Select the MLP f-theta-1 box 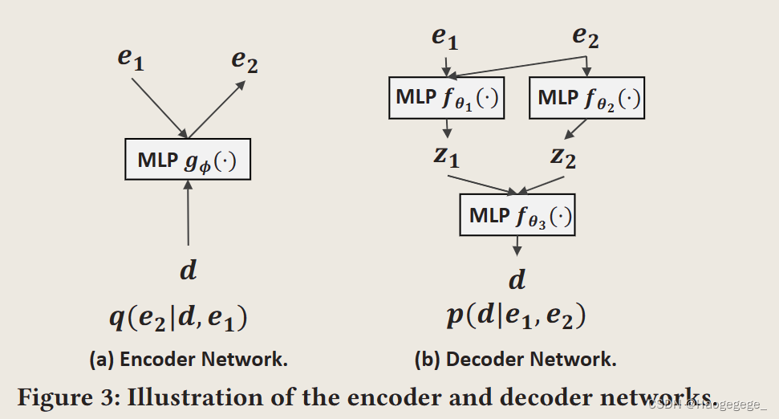point(446,98)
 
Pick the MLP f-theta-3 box point(517,214)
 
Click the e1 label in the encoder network point(130,59)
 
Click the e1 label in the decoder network point(444,37)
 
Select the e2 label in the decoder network point(586,37)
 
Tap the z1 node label point(447,156)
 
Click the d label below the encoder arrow point(188,270)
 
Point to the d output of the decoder point(517,279)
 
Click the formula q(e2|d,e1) point(178,319)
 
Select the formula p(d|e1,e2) point(516,315)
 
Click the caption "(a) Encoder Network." point(189,360)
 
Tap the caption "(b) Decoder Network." point(515,360)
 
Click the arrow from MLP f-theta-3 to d point(517,246)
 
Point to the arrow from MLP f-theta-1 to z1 point(447,128)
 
